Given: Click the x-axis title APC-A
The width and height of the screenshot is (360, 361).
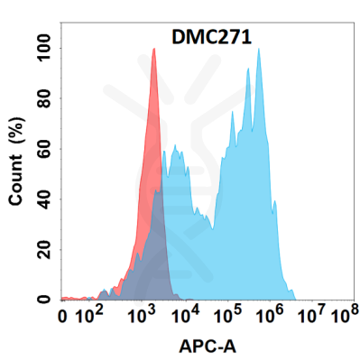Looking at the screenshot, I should (x=208, y=347).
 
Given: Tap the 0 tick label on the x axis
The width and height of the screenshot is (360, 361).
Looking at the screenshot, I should (x=62, y=318).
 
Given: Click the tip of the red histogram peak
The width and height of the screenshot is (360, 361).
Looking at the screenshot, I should (x=154, y=50).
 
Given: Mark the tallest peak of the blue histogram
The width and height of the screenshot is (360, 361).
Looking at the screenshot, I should (x=259, y=50).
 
